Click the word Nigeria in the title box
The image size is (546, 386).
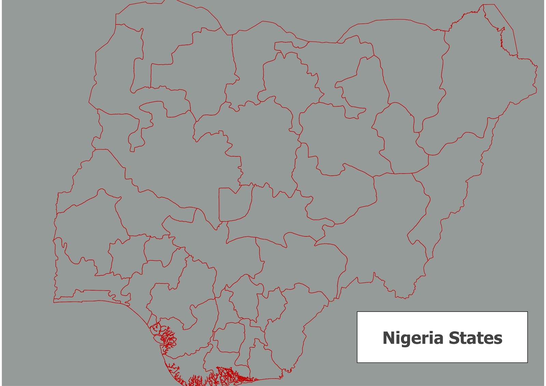coord(413,338)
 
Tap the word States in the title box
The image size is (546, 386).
coord(475,338)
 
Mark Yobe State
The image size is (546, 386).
coord(409,65)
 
